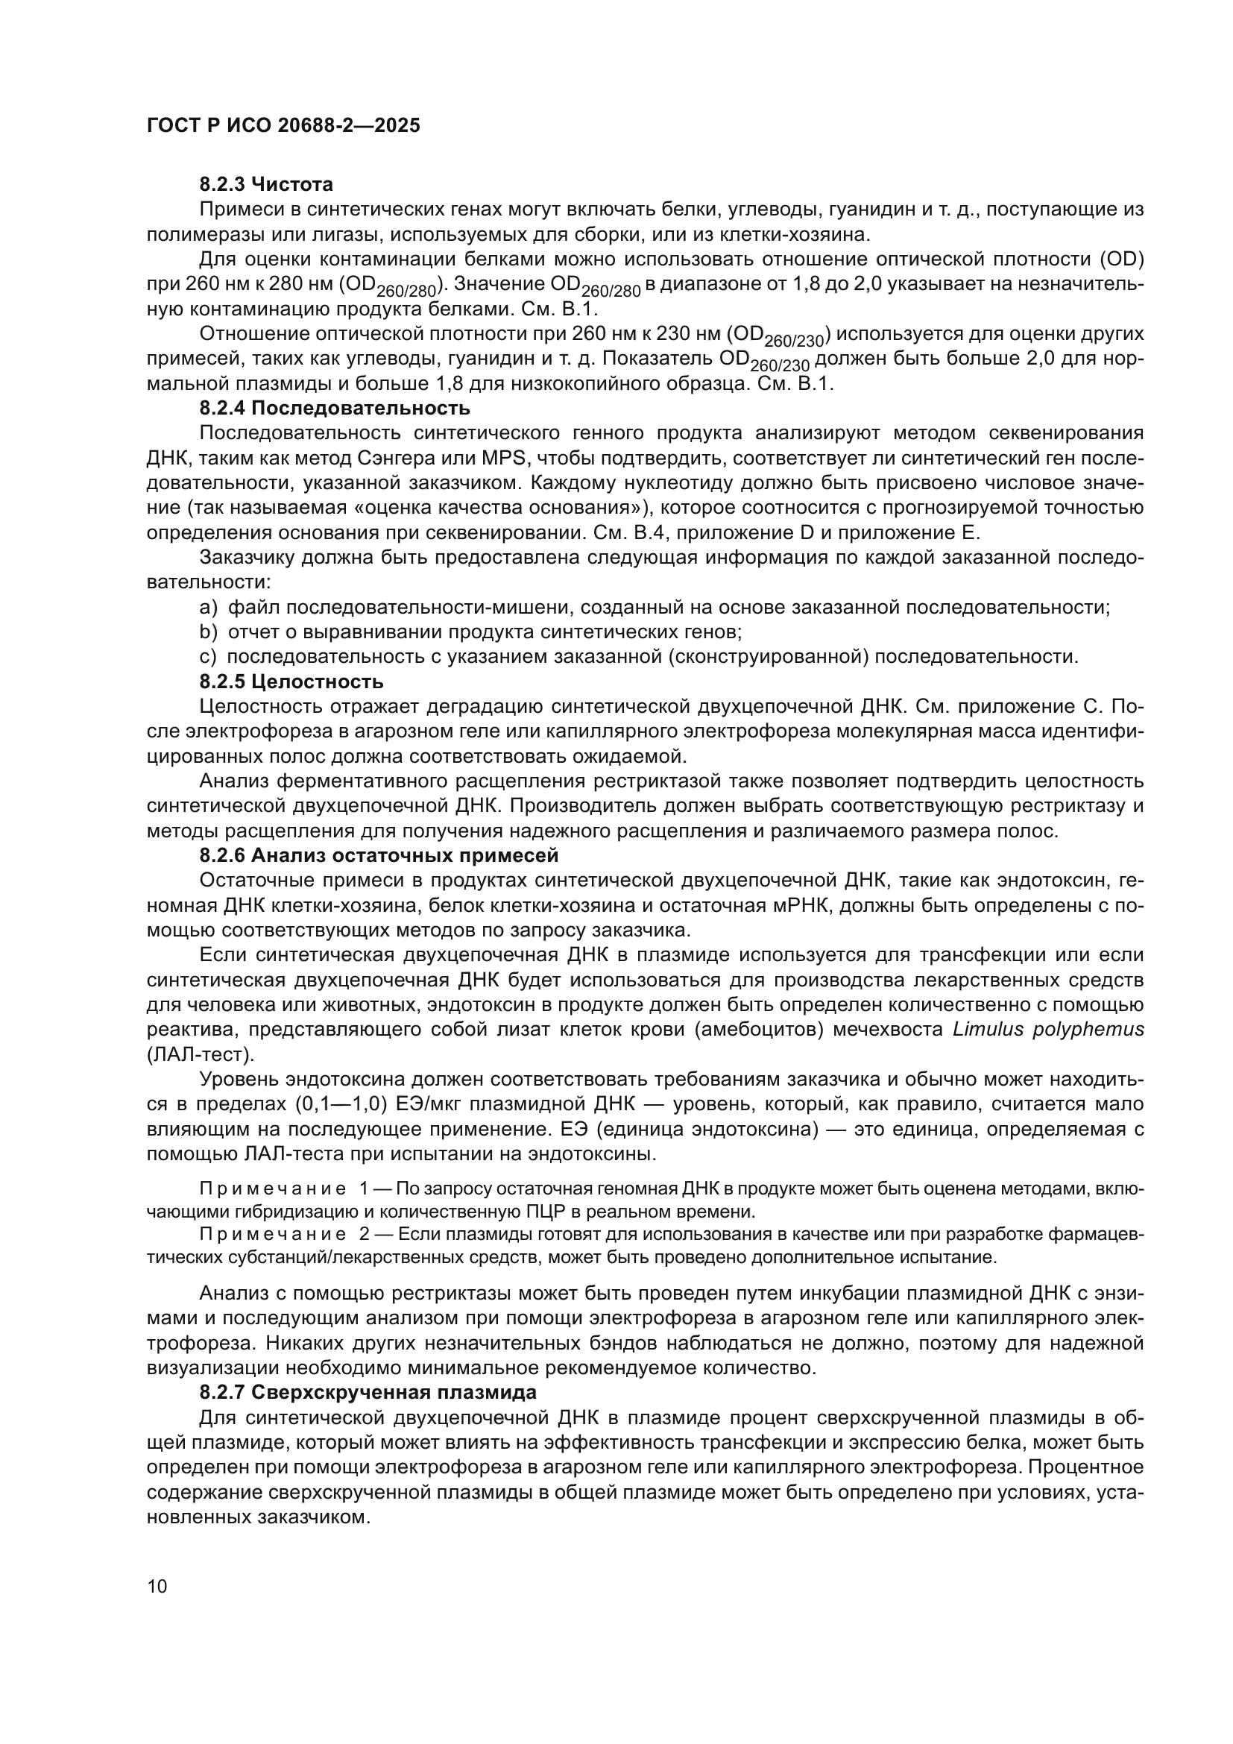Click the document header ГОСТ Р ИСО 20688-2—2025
(283, 126)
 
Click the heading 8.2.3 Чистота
(265, 185)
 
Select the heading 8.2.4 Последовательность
(335, 409)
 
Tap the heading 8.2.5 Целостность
(291, 681)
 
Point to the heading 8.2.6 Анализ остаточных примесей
(379, 855)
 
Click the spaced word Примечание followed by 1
(273, 1189)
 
